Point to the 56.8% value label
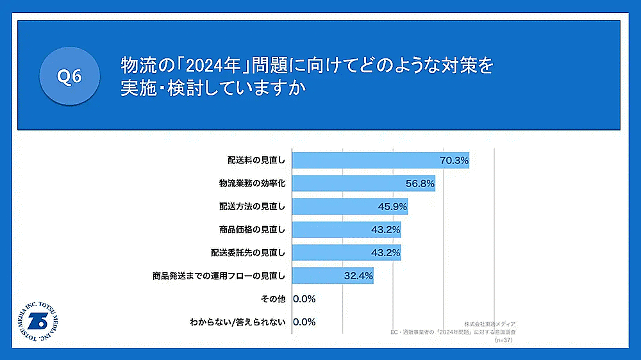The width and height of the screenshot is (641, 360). [x=420, y=183]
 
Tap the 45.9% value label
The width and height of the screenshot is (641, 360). [x=393, y=206]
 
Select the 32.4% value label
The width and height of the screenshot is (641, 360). [x=358, y=276]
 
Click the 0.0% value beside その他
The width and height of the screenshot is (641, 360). [x=304, y=299]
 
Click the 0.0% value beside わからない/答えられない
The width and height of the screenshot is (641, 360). [x=304, y=322]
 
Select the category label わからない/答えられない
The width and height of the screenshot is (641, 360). [x=238, y=322]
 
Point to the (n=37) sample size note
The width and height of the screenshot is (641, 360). [x=504, y=340]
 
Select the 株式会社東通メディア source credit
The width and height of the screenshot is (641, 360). [x=490, y=325]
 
